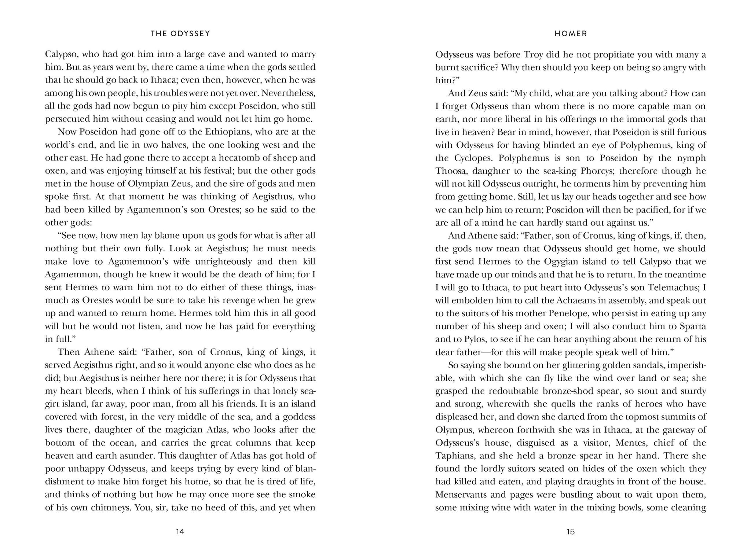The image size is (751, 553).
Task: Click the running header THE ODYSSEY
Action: (x=180, y=34)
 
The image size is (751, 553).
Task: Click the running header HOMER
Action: (x=571, y=34)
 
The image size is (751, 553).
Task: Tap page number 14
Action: (x=180, y=532)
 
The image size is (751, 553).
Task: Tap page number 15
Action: (x=571, y=532)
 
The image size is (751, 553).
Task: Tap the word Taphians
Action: (x=454, y=456)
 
